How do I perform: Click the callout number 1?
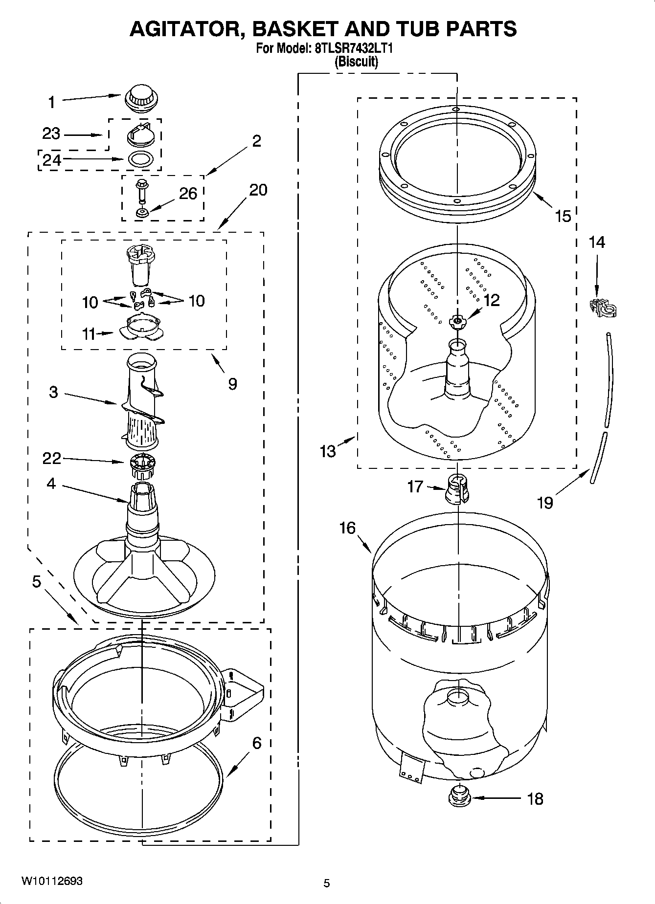pos(51,102)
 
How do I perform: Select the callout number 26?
pos(188,194)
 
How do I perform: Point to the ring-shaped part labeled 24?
pos(141,159)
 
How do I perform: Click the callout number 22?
pos(51,458)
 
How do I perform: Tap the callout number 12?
pos(491,300)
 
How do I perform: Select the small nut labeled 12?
pos(457,321)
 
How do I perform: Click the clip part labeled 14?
pos(603,307)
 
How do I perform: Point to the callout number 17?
pos(415,486)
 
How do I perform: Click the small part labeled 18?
pos(459,798)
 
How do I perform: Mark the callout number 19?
pos(545,502)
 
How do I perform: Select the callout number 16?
pos(347,528)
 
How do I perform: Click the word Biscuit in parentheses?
pos(356,62)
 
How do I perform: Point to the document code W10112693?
pos(51,881)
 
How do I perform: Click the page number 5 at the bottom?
pos(326,883)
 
